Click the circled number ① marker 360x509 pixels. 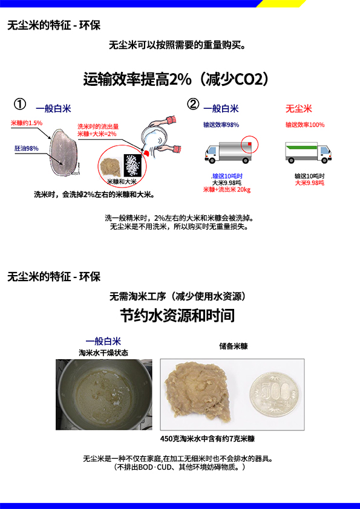point(20,105)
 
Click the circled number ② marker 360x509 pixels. point(193,105)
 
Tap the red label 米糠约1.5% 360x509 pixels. point(27,123)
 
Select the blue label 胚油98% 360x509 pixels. point(26,148)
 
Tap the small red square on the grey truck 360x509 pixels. point(249,144)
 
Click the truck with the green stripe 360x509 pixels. point(308,152)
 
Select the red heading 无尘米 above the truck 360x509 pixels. point(299,108)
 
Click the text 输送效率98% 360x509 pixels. point(221,125)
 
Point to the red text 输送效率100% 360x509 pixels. point(305,125)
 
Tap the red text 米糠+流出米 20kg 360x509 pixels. point(227,190)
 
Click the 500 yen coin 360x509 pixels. point(275,395)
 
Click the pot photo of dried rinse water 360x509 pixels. point(104,394)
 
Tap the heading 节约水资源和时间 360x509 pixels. point(177,316)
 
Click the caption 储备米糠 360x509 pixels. point(234,346)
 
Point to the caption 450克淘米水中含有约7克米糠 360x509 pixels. point(208,438)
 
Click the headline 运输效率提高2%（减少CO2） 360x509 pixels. point(177,80)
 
